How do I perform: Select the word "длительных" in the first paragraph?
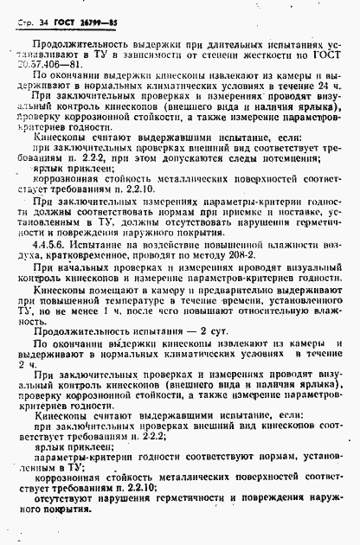pyautogui.click(x=196, y=39)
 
